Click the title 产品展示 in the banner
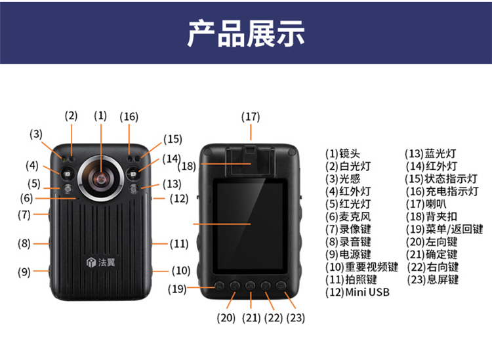(x=246, y=33)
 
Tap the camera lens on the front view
(x=101, y=178)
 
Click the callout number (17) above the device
(x=251, y=117)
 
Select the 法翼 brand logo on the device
(x=101, y=262)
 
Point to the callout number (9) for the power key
(x=24, y=271)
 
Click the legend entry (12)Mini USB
(x=358, y=292)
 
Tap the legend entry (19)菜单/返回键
(x=444, y=230)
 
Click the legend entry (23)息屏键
(x=433, y=279)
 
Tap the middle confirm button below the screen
(x=251, y=286)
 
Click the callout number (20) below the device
(x=226, y=317)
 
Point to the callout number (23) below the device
(x=296, y=317)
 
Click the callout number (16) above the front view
(x=129, y=117)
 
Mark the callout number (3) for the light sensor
(x=36, y=134)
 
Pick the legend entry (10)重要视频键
(x=361, y=267)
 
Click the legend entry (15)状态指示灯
(x=441, y=179)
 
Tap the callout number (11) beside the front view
(x=179, y=244)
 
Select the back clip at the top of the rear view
(x=251, y=161)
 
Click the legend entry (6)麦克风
(x=348, y=216)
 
